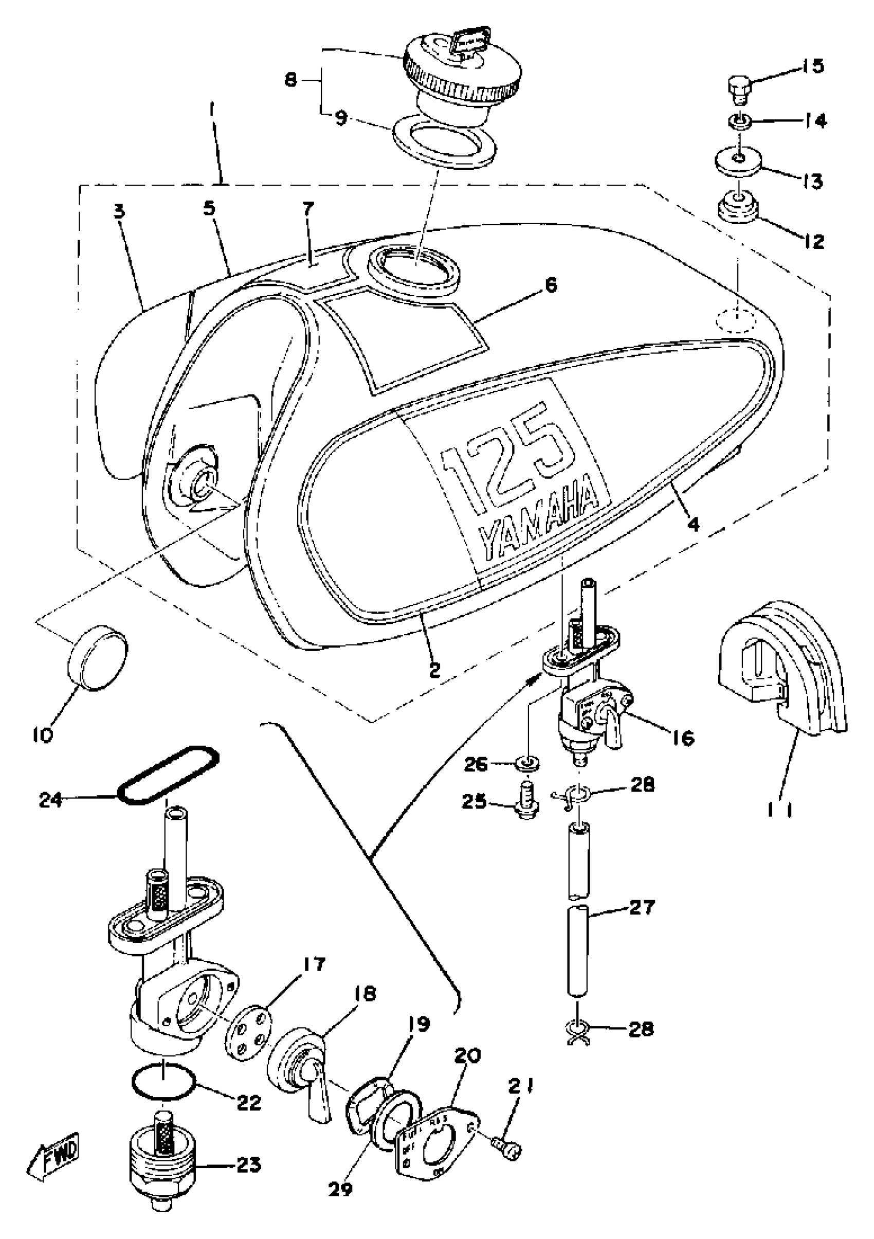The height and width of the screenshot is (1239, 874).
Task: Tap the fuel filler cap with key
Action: pyautogui.click(x=463, y=70)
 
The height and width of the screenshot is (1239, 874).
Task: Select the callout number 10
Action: pyautogui.click(x=43, y=735)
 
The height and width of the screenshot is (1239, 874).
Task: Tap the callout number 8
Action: pyautogui.click(x=292, y=81)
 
